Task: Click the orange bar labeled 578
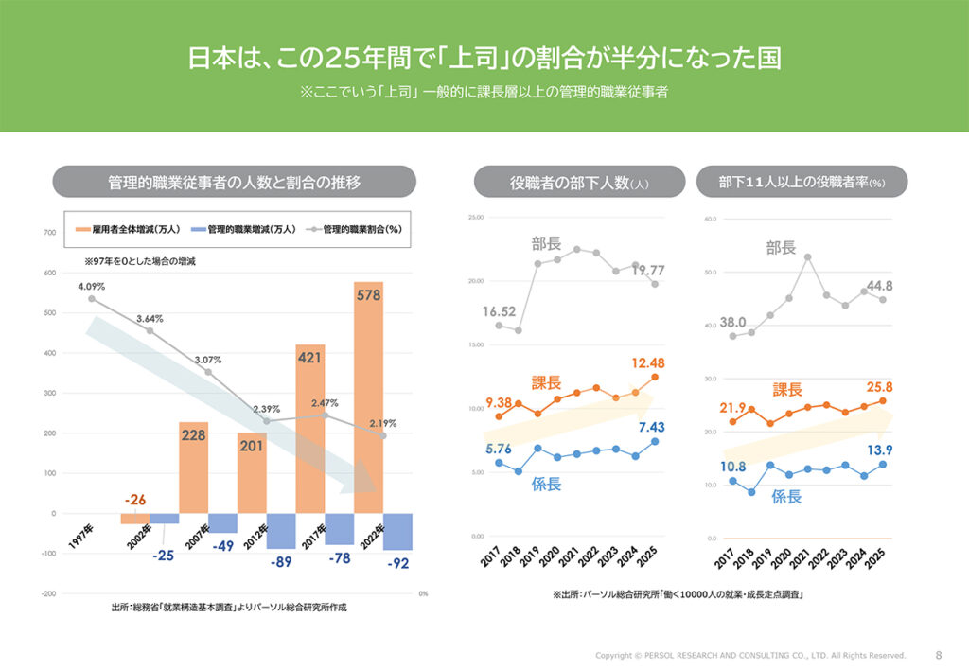tap(368, 397)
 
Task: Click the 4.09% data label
tap(92, 286)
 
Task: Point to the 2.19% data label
tap(382, 423)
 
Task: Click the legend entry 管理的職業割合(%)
tap(357, 229)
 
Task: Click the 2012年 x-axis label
tap(255, 537)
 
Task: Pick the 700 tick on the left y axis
tap(49, 233)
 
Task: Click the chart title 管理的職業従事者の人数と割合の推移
tap(234, 182)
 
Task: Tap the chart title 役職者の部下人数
tap(578, 183)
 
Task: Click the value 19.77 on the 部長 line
tap(648, 271)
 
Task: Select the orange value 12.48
tap(647, 363)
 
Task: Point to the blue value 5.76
tap(499, 449)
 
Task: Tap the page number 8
tap(938, 654)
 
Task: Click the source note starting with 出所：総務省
tap(229, 607)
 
